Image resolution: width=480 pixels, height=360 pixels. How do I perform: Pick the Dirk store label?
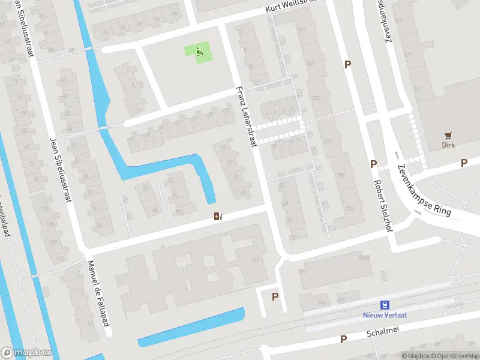448,145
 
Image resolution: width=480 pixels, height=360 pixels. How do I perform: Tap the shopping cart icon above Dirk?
448,136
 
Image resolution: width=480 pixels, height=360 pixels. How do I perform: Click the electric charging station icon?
218,216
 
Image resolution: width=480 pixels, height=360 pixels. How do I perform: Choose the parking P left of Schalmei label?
344,340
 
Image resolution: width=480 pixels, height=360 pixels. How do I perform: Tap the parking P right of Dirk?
464,163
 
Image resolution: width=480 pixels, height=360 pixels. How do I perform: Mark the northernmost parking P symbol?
347,64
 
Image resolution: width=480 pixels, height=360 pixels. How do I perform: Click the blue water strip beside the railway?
192,327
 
